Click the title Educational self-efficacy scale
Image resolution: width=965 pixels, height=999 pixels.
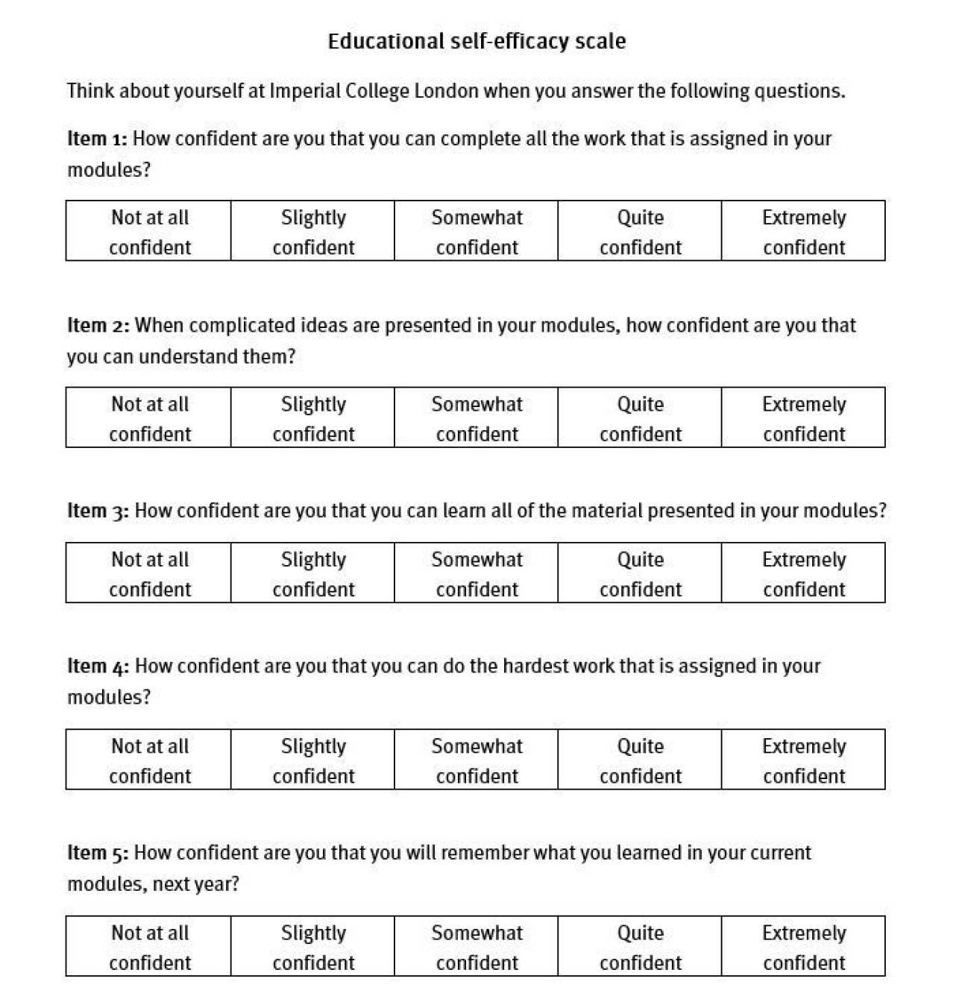coord(477,41)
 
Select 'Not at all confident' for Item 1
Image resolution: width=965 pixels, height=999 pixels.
coord(149,231)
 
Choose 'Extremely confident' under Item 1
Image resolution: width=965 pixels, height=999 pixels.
coord(803,231)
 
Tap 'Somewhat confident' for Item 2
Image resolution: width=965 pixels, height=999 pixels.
coord(477,418)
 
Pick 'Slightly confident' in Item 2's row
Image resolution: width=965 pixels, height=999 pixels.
coord(313,418)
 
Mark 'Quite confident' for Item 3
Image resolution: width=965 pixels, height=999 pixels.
coord(640,573)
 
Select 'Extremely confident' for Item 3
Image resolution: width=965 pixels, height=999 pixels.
coord(803,573)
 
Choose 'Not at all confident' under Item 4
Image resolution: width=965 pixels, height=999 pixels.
coord(149,760)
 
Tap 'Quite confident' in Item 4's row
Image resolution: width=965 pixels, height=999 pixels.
coord(640,760)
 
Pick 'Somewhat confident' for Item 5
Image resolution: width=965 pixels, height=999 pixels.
coord(477,947)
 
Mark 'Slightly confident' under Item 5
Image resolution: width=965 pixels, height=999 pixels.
coord(313,947)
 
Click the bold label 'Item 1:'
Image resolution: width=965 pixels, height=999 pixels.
coord(97,139)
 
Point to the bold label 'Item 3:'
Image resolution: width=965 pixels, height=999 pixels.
coord(98,511)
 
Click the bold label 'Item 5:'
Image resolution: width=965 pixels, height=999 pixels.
coord(98,853)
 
